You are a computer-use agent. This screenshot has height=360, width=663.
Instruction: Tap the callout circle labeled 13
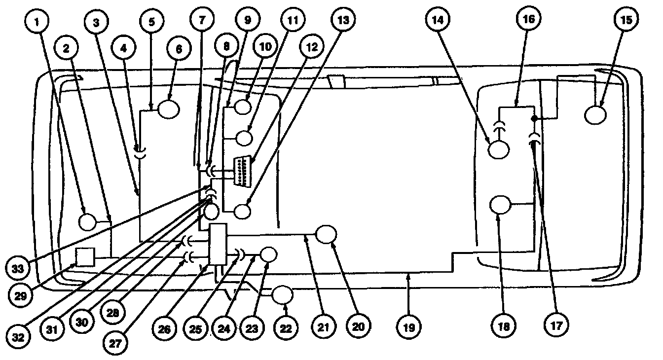click(x=343, y=20)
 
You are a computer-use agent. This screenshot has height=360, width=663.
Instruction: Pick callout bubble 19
click(x=409, y=326)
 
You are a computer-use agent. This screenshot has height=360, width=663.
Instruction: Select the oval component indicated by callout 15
click(x=596, y=115)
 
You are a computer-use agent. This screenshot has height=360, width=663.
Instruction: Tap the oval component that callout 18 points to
click(x=499, y=205)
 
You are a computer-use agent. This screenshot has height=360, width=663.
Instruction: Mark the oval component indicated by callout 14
click(x=498, y=148)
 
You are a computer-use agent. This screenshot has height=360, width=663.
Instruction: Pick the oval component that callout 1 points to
click(x=88, y=221)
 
